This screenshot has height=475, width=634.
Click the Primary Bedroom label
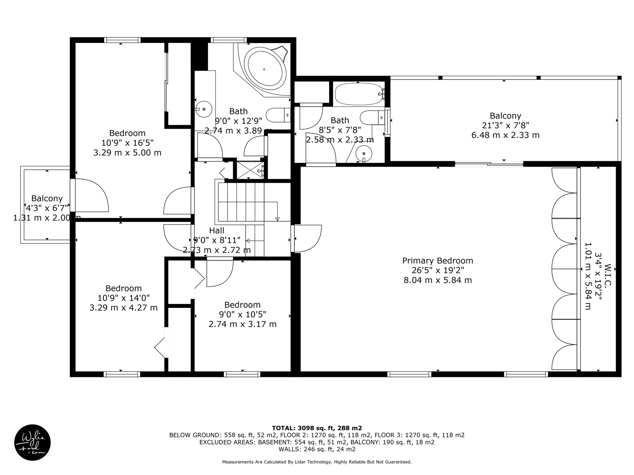pos(437,261)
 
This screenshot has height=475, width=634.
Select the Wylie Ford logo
pos(33,443)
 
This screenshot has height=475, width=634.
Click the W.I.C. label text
pos(607,274)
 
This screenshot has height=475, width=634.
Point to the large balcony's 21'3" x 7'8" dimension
pos(505,126)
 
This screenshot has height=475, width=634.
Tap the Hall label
pos(217,230)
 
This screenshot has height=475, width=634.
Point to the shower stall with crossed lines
pos(251,169)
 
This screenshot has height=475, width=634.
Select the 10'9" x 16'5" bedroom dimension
pos(127,143)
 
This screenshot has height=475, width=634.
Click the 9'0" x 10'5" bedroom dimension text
pos(242,315)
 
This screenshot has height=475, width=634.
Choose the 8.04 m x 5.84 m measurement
pos(438,280)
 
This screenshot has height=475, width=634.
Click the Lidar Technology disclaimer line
pos(317,462)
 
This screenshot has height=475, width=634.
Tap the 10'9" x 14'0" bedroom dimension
pos(124,298)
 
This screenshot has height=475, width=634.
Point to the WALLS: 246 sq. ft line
pos(317,449)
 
